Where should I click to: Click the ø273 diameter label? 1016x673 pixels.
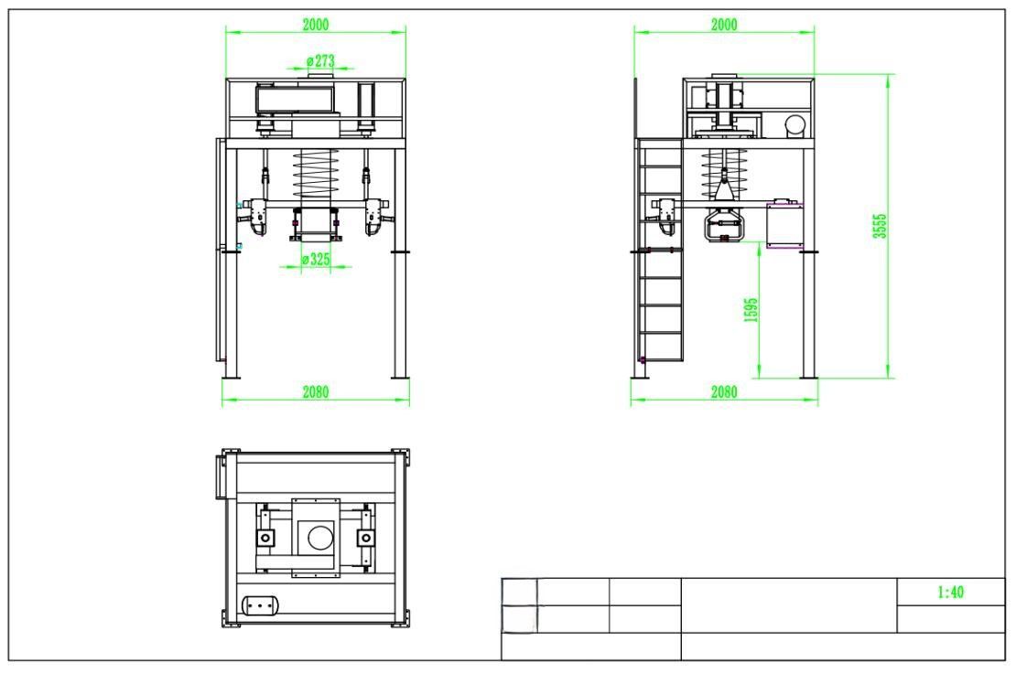320,61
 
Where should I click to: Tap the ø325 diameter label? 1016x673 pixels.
316,260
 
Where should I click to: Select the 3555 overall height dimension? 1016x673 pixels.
880,226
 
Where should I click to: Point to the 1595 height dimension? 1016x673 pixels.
751,310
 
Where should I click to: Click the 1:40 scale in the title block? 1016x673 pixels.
951,592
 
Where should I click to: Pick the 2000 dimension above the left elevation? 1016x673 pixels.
316,25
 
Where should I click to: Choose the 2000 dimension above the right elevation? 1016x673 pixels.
724,25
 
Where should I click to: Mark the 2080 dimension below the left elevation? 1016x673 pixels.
316,391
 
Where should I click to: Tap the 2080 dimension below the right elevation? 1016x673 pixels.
724,391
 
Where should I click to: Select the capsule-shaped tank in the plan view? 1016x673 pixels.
260,605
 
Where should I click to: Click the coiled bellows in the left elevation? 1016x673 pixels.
316,174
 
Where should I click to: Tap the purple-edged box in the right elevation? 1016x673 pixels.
784,225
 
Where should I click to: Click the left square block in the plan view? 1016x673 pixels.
265,538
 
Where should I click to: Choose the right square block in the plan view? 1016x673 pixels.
365,538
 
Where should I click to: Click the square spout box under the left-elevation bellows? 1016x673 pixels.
316,222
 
